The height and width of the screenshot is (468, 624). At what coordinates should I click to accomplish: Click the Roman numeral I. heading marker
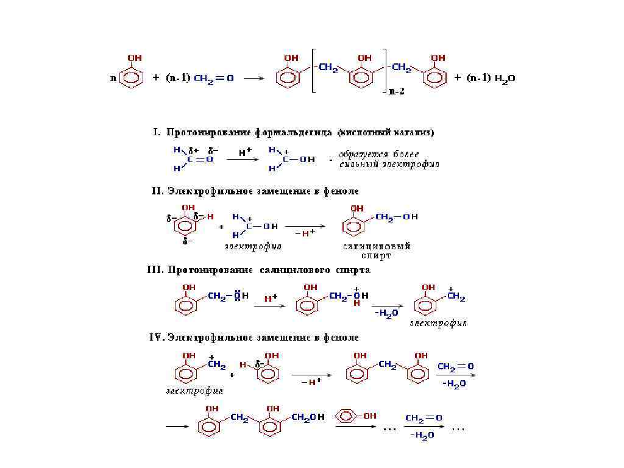pos(155,132)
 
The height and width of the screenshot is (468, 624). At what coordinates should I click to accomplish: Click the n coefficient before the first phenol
pos(113,79)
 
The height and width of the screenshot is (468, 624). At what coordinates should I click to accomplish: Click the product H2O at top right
pos(505,79)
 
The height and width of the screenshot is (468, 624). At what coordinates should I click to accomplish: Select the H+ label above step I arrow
pos(244,154)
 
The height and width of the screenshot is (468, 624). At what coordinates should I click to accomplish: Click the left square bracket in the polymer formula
pos(313,70)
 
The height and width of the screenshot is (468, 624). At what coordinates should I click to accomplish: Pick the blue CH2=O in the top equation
pos(213,79)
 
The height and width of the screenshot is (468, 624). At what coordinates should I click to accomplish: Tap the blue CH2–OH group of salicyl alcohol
pos(396,217)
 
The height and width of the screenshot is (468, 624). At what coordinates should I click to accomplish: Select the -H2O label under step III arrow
pos(386,313)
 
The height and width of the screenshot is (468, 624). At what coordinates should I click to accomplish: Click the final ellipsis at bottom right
pos(458,428)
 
